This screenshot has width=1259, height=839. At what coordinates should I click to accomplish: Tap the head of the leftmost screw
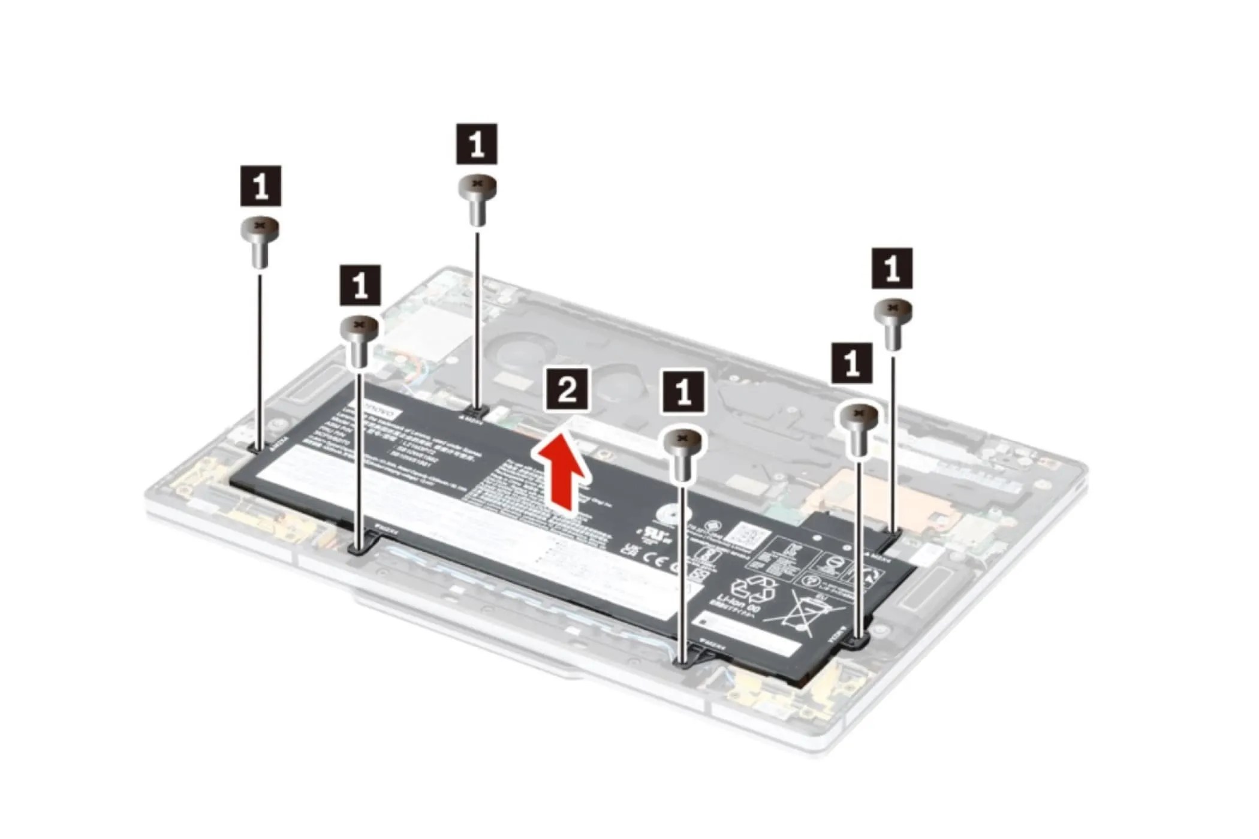click(x=260, y=227)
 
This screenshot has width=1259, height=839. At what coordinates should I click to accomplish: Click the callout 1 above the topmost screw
click(x=477, y=144)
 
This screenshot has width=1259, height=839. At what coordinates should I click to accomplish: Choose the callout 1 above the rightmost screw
click(x=892, y=268)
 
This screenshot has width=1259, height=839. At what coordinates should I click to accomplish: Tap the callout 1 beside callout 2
click(x=683, y=391)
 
